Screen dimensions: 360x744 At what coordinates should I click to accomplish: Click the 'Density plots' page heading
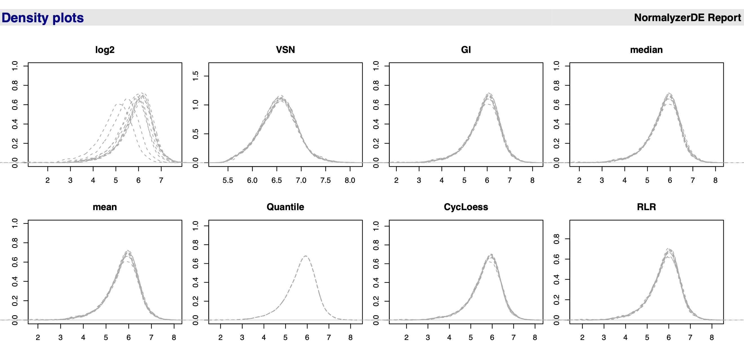[43, 18]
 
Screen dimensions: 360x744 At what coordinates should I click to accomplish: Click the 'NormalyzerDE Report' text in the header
[687, 18]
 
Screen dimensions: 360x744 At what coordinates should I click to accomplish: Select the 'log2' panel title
[105, 50]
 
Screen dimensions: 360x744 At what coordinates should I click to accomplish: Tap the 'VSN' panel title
[285, 50]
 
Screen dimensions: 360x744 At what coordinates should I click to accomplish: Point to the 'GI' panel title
[466, 50]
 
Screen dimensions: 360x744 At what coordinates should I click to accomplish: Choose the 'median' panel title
[646, 50]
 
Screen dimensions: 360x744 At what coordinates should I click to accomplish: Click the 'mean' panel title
[105, 207]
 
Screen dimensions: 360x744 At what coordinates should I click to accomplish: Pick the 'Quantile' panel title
[285, 207]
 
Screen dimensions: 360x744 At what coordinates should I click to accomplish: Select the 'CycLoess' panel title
[466, 207]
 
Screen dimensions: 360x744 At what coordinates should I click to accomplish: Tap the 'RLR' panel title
[646, 207]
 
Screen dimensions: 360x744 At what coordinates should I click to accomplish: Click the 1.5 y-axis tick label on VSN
[196, 76]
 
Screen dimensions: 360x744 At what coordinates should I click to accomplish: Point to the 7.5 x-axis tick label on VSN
[325, 181]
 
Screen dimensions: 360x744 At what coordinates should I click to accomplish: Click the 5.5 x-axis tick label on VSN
[228, 181]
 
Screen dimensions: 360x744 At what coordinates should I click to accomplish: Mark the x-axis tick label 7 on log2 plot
[161, 181]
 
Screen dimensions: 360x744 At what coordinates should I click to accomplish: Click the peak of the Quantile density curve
[305, 256]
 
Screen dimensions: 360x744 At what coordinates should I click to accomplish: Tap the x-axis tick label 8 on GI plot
[532, 181]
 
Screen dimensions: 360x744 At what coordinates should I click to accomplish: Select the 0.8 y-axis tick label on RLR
[557, 239]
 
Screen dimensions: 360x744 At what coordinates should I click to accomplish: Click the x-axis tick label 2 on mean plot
[38, 337]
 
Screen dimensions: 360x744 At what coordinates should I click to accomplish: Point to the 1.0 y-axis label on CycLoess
[376, 226]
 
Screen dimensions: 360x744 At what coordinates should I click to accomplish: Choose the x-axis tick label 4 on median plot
[625, 181]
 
